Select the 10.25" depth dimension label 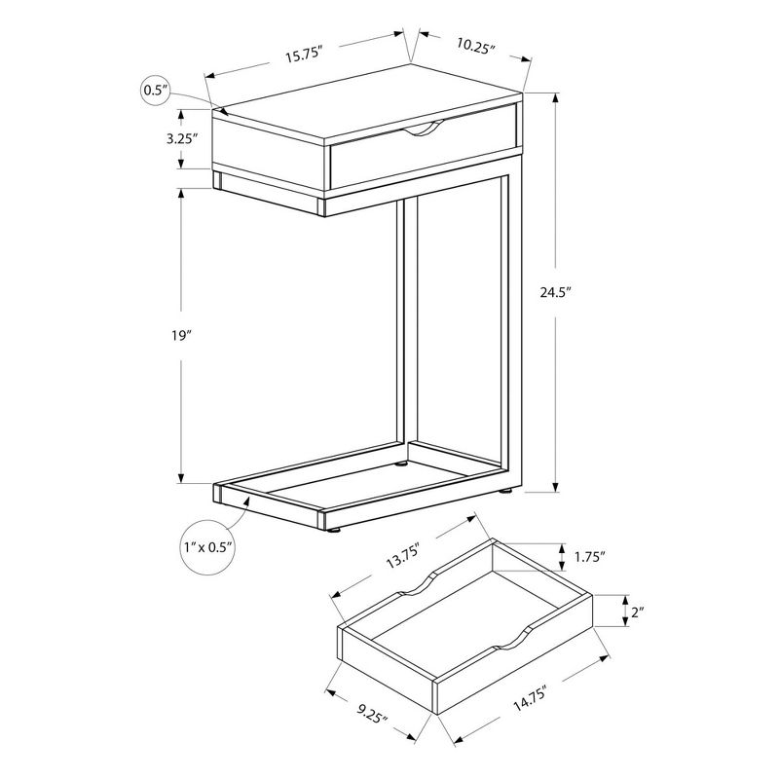click(475, 47)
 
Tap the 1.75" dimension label click(588, 557)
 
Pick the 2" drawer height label click(638, 612)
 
